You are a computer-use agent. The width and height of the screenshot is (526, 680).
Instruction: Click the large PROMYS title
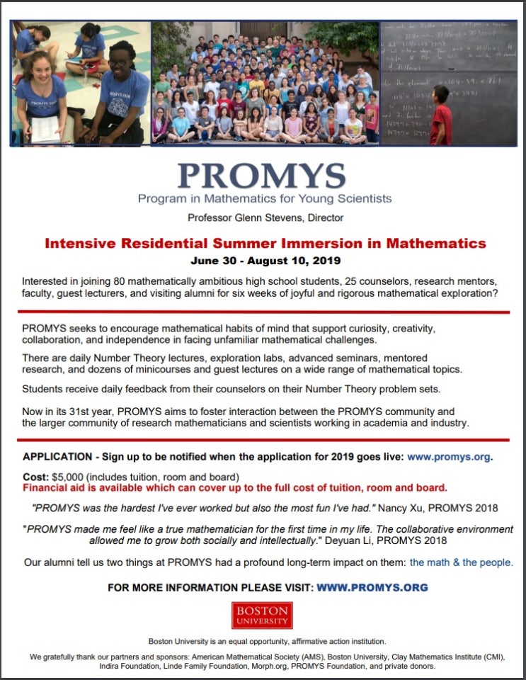pos(262,174)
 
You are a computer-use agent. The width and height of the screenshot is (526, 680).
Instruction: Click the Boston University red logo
pos(262,616)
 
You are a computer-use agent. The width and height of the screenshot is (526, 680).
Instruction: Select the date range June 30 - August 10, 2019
pos(262,260)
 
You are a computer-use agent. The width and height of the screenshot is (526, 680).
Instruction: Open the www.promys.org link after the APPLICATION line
pos(449,457)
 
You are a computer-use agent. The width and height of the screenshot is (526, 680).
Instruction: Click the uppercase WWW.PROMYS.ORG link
pos(372,587)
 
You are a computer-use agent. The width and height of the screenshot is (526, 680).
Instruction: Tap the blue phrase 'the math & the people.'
pos(461,562)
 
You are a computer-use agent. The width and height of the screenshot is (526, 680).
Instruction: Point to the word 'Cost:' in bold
pos(35,476)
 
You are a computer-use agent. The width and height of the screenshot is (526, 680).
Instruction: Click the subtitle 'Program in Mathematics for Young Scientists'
pos(264,198)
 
